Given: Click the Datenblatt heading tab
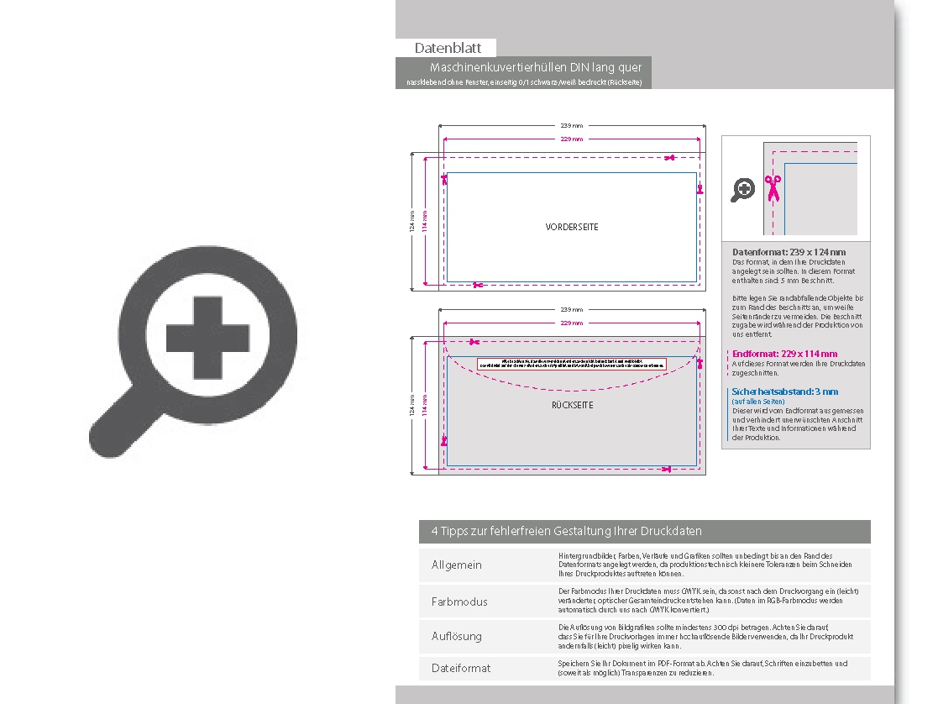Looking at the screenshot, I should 446,48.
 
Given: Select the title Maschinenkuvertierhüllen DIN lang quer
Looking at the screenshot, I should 535,67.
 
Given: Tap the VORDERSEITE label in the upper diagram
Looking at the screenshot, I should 572,227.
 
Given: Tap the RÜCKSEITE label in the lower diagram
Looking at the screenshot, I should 572,405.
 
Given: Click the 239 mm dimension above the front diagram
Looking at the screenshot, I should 571,125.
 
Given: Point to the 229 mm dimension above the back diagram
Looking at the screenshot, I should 571,323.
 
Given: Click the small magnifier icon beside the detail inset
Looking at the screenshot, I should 743,190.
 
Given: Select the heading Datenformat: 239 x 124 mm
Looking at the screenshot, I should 789,252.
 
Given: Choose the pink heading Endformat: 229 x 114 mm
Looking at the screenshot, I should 784,355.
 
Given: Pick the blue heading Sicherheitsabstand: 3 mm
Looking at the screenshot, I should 784,391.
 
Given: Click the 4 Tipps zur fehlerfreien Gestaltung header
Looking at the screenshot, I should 566,531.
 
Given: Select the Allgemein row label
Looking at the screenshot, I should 456,565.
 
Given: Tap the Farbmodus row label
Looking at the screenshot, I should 459,602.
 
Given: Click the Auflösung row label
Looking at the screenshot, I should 456,636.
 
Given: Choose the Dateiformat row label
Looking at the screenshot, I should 460,668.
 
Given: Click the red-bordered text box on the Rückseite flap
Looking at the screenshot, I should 571,363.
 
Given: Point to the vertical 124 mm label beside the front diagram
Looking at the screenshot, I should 411,222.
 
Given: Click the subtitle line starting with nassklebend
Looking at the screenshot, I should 523,82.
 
